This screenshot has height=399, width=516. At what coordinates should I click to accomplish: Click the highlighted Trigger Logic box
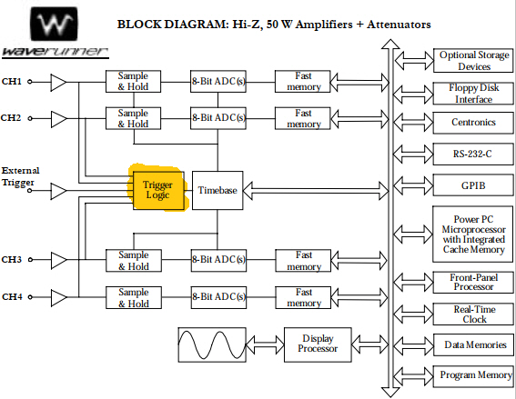(x=158, y=190)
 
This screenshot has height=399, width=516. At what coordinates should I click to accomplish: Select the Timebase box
(x=218, y=190)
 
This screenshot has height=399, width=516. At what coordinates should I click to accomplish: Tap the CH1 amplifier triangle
(x=58, y=82)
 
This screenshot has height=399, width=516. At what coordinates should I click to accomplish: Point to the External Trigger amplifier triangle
(x=58, y=191)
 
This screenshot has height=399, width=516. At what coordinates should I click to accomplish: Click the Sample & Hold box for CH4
(x=134, y=297)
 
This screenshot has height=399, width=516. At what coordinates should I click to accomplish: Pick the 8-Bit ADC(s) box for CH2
(x=218, y=118)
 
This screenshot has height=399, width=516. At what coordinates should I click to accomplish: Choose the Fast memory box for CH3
(x=303, y=261)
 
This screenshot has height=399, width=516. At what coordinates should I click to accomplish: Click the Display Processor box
(x=318, y=344)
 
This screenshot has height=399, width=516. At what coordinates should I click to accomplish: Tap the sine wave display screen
(x=212, y=344)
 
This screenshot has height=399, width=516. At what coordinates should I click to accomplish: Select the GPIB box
(x=473, y=185)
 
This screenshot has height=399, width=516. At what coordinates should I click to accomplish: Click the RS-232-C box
(x=473, y=154)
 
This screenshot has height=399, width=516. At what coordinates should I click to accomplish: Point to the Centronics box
(x=473, y=123)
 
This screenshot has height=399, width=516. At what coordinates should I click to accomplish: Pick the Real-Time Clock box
(x=473, y=314)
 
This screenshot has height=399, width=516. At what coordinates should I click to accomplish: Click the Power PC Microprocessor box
(x=473, y=234)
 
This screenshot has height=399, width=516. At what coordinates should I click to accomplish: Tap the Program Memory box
(x=473, y=376)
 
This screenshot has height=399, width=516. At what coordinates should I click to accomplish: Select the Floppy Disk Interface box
(x=473, y=94)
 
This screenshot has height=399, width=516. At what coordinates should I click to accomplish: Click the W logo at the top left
(x=54, y=24)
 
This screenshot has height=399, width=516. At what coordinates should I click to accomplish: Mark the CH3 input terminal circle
(x=30, y=260)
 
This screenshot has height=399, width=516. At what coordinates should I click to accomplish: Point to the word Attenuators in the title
(x=399, y=25)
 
